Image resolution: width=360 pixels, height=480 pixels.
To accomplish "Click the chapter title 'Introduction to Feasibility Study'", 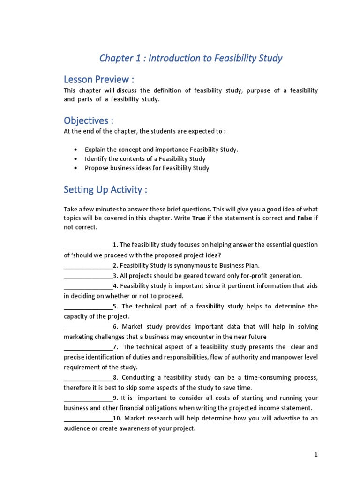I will pyautogui.click(x=191, y=59).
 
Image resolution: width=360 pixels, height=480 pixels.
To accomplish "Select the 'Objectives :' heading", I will pyautogui.click(x=89, y=121).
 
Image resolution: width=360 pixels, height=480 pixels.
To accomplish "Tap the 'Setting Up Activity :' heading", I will pyautogui.click(x=105, y=189).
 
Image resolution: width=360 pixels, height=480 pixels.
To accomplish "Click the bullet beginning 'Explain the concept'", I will pyautogui.click(x=161, y=150).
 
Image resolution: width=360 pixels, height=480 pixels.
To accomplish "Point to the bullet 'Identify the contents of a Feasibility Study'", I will pyautogui.click(x=145, y=159).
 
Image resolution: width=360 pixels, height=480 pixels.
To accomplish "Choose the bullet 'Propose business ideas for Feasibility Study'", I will pyautogui.click(x=147, y=168).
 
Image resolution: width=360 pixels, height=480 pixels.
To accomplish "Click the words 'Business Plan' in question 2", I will pyautogui.click(x=240, y=265).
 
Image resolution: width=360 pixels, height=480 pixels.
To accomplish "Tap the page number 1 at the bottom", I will pyautogui.click(x=316, y=455).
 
